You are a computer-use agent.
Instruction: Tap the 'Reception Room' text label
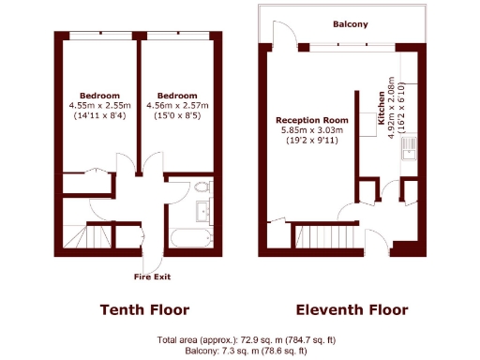tap(311, 121)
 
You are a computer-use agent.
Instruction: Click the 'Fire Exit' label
tap(153, 277)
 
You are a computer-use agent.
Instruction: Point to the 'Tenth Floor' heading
tap(144, 310)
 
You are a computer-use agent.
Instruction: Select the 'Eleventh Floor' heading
tap(352, 310)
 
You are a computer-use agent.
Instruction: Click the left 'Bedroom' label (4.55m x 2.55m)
tap(98, 96)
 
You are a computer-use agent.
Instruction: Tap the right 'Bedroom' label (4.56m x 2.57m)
tap(177, 96)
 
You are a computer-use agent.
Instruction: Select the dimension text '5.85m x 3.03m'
tap(312, 130)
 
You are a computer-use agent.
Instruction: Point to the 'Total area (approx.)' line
tap(239, 339)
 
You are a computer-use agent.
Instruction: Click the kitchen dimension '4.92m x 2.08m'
tap(392, 109)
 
